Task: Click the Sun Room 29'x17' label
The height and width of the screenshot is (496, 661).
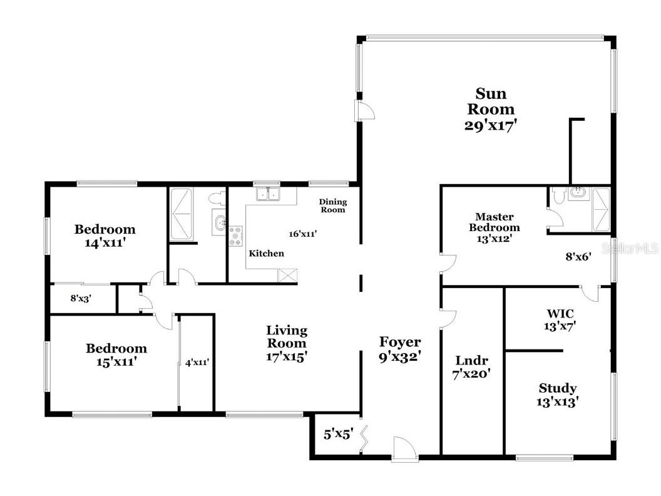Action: (x=490, y=109)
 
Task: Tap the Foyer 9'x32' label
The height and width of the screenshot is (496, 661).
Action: (x=400, y=349)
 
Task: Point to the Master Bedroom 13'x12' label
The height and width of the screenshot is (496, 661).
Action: (x=494, y=227)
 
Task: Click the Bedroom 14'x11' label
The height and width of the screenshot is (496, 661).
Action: (x=105, y=235)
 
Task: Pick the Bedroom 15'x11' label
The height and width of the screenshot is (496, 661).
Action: (x=116, y=354)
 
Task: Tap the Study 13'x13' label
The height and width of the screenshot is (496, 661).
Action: (x=558, y=395)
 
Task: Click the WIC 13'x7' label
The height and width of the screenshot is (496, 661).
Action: (x=560, y=319)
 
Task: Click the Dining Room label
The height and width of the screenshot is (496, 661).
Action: (x=332, y=205)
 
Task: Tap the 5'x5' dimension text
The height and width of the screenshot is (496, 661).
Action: (x=339, y=433)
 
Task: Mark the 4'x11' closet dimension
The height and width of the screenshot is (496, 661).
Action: (x=197, y=362)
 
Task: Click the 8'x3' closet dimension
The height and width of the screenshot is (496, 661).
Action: (x=81, y=299)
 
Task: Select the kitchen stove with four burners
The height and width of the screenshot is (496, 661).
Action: (x=235, y=235)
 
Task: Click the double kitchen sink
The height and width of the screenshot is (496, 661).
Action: (x=270, y=194)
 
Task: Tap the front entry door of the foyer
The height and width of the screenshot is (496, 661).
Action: (x=404, y=450)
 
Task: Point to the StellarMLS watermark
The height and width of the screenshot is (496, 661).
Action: (x=630, y=249)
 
